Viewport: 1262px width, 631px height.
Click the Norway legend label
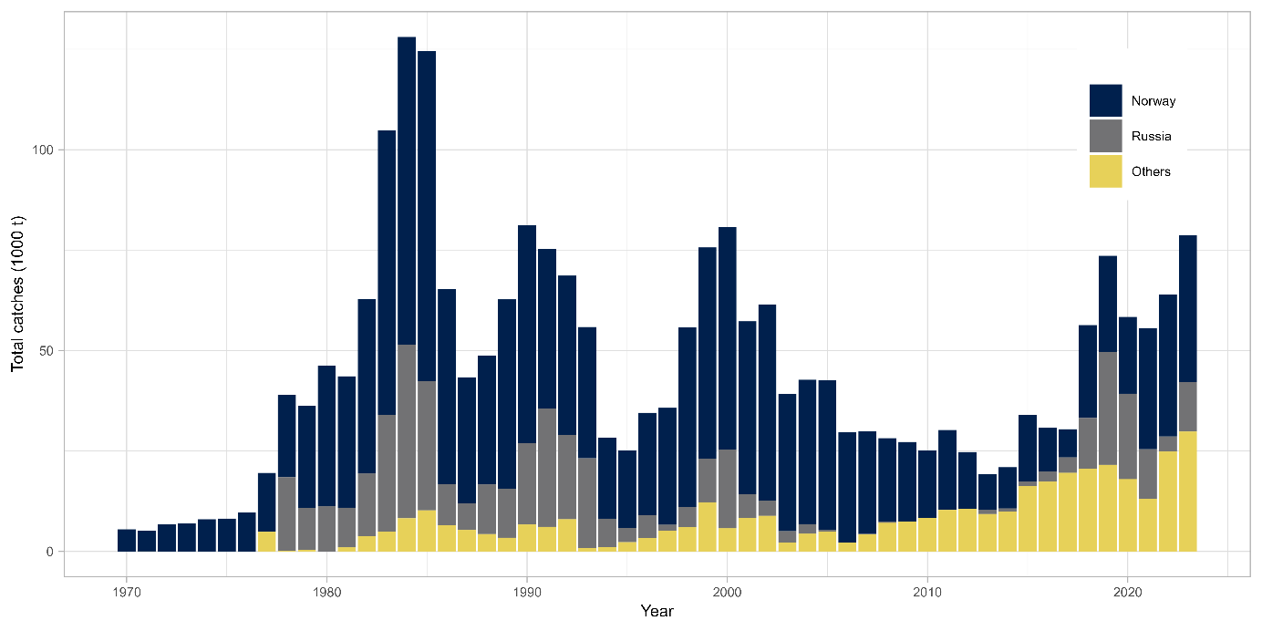coord(1153,101)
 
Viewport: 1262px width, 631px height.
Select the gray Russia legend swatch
coord(1105,136)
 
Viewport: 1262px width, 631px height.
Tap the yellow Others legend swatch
coord(1105,171)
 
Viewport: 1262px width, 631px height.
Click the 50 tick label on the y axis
coord(47,351)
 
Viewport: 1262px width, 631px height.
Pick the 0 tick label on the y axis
coord(50,552)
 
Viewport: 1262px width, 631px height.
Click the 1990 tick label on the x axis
coord(526,589)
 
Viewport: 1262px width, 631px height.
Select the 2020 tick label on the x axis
coord(1127,589)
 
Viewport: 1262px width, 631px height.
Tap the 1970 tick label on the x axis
coord(126,589)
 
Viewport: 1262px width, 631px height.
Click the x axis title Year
coord(657,611)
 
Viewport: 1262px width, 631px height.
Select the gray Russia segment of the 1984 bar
coord(407,430)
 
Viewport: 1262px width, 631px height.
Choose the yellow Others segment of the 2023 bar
coord(1187,491)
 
